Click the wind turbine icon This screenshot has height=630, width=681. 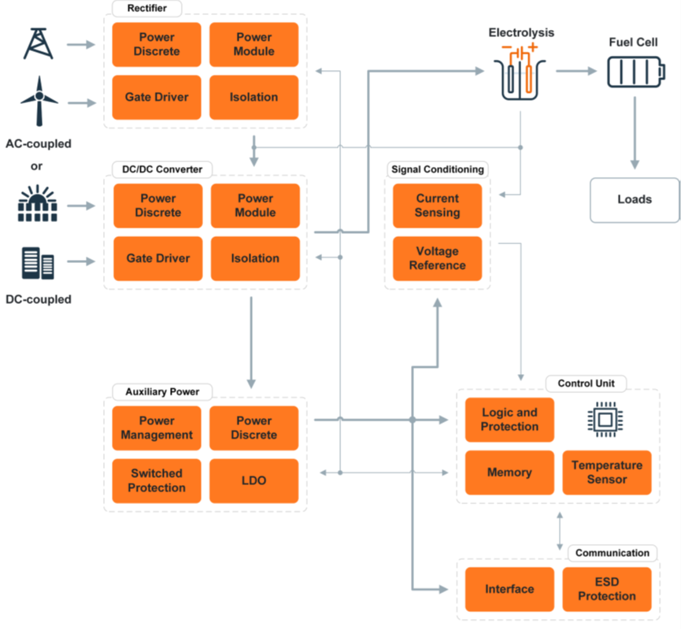pyautogui.click(x=39, y=100)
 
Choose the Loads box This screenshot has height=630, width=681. pyautogui.click(x=635, y=199)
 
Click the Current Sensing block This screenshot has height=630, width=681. pyautogui.click(x=438, y=206)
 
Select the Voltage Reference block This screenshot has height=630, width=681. pyautogui.click(x=438, y=258)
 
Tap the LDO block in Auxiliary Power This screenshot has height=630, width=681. pyautogui.click(x=254, y=480)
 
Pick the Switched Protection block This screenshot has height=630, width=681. pyautogui.click(x=157, y=480)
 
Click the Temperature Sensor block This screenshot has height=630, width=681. pyautogui.click(x=607, y=472)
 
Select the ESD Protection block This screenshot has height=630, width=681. pyautogui.click(x=607, y=589)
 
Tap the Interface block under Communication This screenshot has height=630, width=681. pyautogui.click(x=509, y=589)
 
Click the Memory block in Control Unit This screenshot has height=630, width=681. pyautogui.click(x=509, y=472)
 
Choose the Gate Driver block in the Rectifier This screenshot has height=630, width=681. pyautogui.click(x=157, y=98)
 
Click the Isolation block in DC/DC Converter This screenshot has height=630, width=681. pyautogui.click(x=255, y=258)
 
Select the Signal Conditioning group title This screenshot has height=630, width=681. pyautogui.click(x=438, y=169)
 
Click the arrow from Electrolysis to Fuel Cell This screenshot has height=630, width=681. pyautogui.click(x=576, y=71)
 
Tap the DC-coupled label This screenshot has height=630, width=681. pyautogui.click(x=39, y=299)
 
